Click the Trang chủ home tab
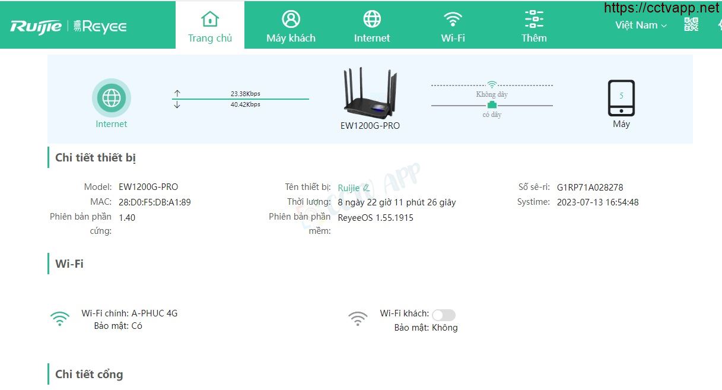[x=210, y=25]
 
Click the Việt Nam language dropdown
[x=641, y=25]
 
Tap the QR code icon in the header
[x=691, y=24]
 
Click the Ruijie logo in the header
[x=36, y=27]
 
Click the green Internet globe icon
[x=112, y=97]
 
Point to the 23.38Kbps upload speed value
[x=245, y=94]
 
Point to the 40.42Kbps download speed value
[x=245, y=104]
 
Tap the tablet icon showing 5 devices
[x=621, y=98]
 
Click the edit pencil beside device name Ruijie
[x=366, y=188]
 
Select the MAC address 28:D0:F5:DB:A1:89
[x=155, y=202]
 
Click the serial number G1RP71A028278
[x=590, y=188]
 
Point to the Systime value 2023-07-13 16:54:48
[x=597, y=202]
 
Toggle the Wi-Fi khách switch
[x=444, y=315]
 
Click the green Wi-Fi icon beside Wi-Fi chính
[x=60, y=319]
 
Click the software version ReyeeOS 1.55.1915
[x=376, y=218]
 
